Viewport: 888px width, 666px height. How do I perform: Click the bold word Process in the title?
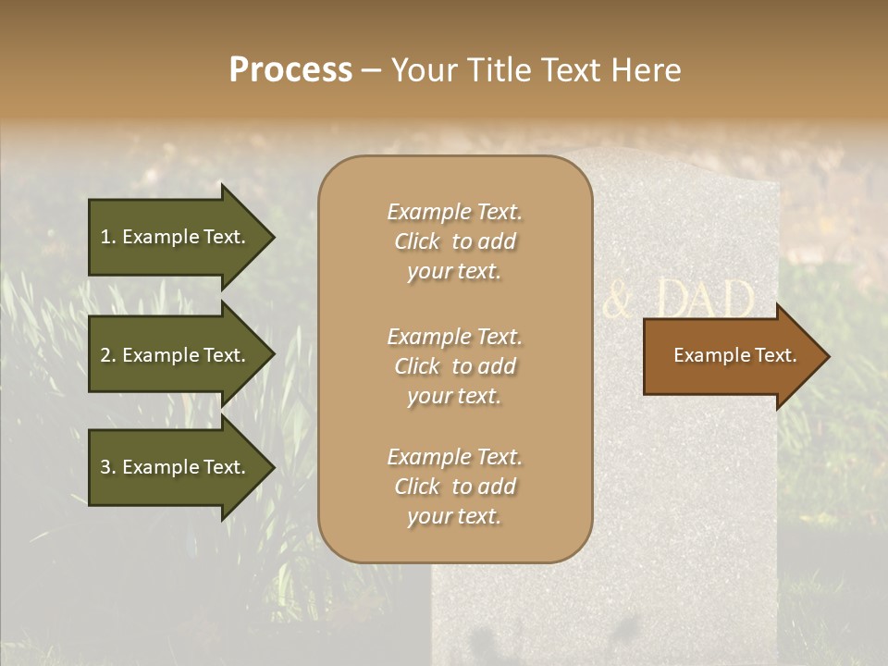[290, 70]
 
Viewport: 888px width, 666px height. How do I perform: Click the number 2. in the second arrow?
[107, 355]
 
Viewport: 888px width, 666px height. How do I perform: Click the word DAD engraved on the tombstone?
[705, 300]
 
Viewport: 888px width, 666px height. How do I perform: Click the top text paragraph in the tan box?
[454, 241]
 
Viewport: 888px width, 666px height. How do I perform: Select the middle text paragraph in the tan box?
[454, 366]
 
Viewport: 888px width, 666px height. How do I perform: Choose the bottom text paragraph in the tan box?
[454, 487]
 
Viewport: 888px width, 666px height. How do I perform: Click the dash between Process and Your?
[371, 71]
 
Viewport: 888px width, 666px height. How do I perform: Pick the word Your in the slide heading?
[422, 70]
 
